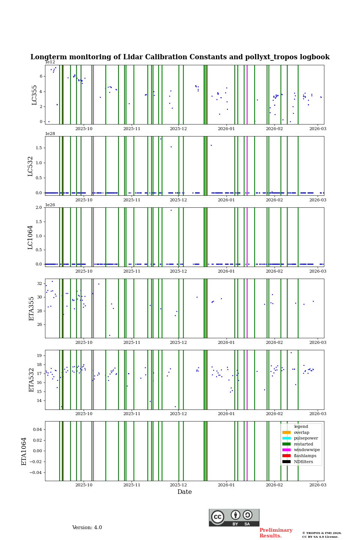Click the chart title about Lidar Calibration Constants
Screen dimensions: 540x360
click(180, 57)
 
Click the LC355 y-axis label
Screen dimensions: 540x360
click(34, 95)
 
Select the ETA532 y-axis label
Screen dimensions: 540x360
click(31, 380)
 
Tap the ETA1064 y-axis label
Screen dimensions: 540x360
click(24, 451)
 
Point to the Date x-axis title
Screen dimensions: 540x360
click(184, 492)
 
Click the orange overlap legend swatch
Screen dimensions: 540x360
click(286, 432)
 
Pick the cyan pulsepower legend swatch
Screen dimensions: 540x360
click(286, 438)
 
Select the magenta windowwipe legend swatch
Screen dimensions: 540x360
click(286, 450)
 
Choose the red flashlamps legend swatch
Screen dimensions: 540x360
click(286, 456)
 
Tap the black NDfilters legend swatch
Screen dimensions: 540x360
click(286, 462)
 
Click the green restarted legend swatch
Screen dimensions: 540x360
click(286, 444)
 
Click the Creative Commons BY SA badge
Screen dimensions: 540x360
click(234, 517)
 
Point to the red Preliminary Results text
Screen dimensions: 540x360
click(276, 533)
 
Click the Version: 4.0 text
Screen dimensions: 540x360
click(87, 528)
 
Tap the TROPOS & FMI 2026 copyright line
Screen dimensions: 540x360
click(322, 533)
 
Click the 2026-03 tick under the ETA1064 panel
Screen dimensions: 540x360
click(318, 485)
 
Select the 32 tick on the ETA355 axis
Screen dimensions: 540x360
click(39, 283)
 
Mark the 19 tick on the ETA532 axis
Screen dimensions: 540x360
click(39, 355)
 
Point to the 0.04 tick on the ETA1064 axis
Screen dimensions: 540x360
click(37, 429)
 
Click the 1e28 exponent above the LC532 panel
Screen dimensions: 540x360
click(50, 133)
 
